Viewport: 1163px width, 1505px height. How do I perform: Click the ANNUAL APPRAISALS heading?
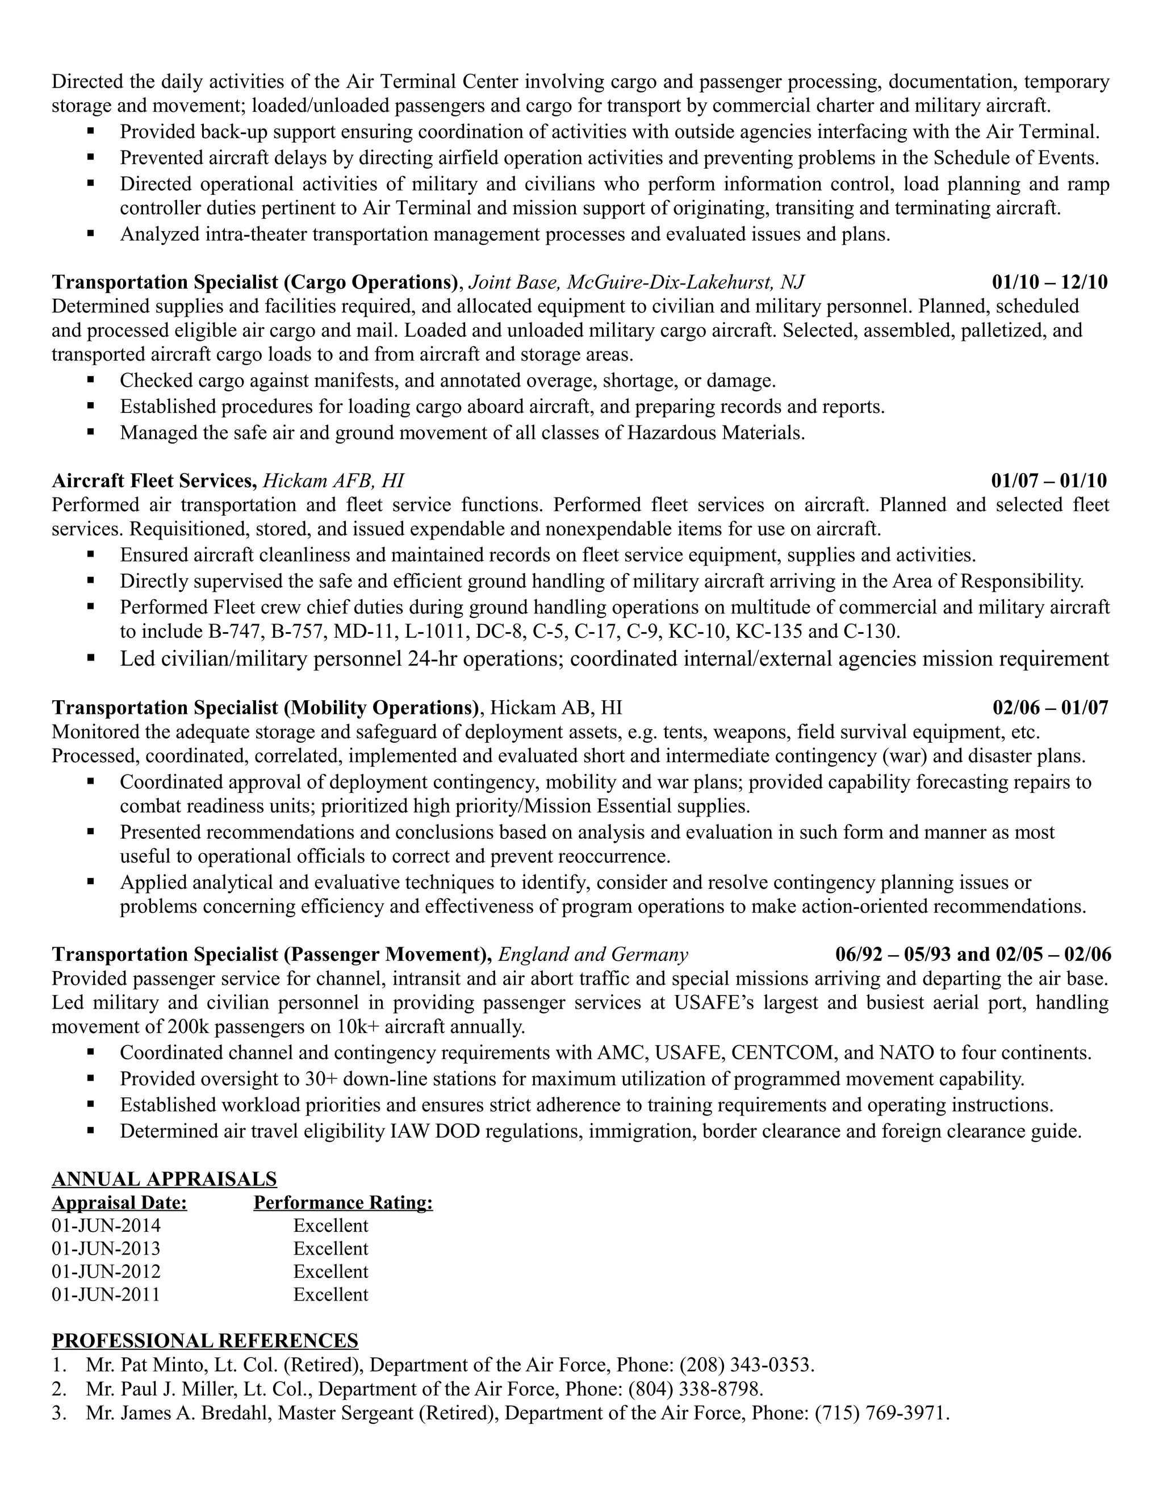tap(164, 1179)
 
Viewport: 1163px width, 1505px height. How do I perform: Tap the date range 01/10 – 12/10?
tap(1049, 282)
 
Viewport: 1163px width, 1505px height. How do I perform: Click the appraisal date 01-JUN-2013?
tap(106, 1249)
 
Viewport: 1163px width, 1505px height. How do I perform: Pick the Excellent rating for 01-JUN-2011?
tap(331, 1294)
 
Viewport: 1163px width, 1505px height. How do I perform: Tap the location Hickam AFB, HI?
tap(333, 480)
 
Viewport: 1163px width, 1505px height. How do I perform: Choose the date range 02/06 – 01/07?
tap(1050, 708)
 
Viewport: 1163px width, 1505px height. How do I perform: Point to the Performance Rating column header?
tap(343, 1202)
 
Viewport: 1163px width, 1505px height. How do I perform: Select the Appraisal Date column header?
tap(119, 1202)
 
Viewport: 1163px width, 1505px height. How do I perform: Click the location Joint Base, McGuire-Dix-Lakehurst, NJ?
tap(636, 282)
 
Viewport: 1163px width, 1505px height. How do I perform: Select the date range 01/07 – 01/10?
tap(1049, 480)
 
